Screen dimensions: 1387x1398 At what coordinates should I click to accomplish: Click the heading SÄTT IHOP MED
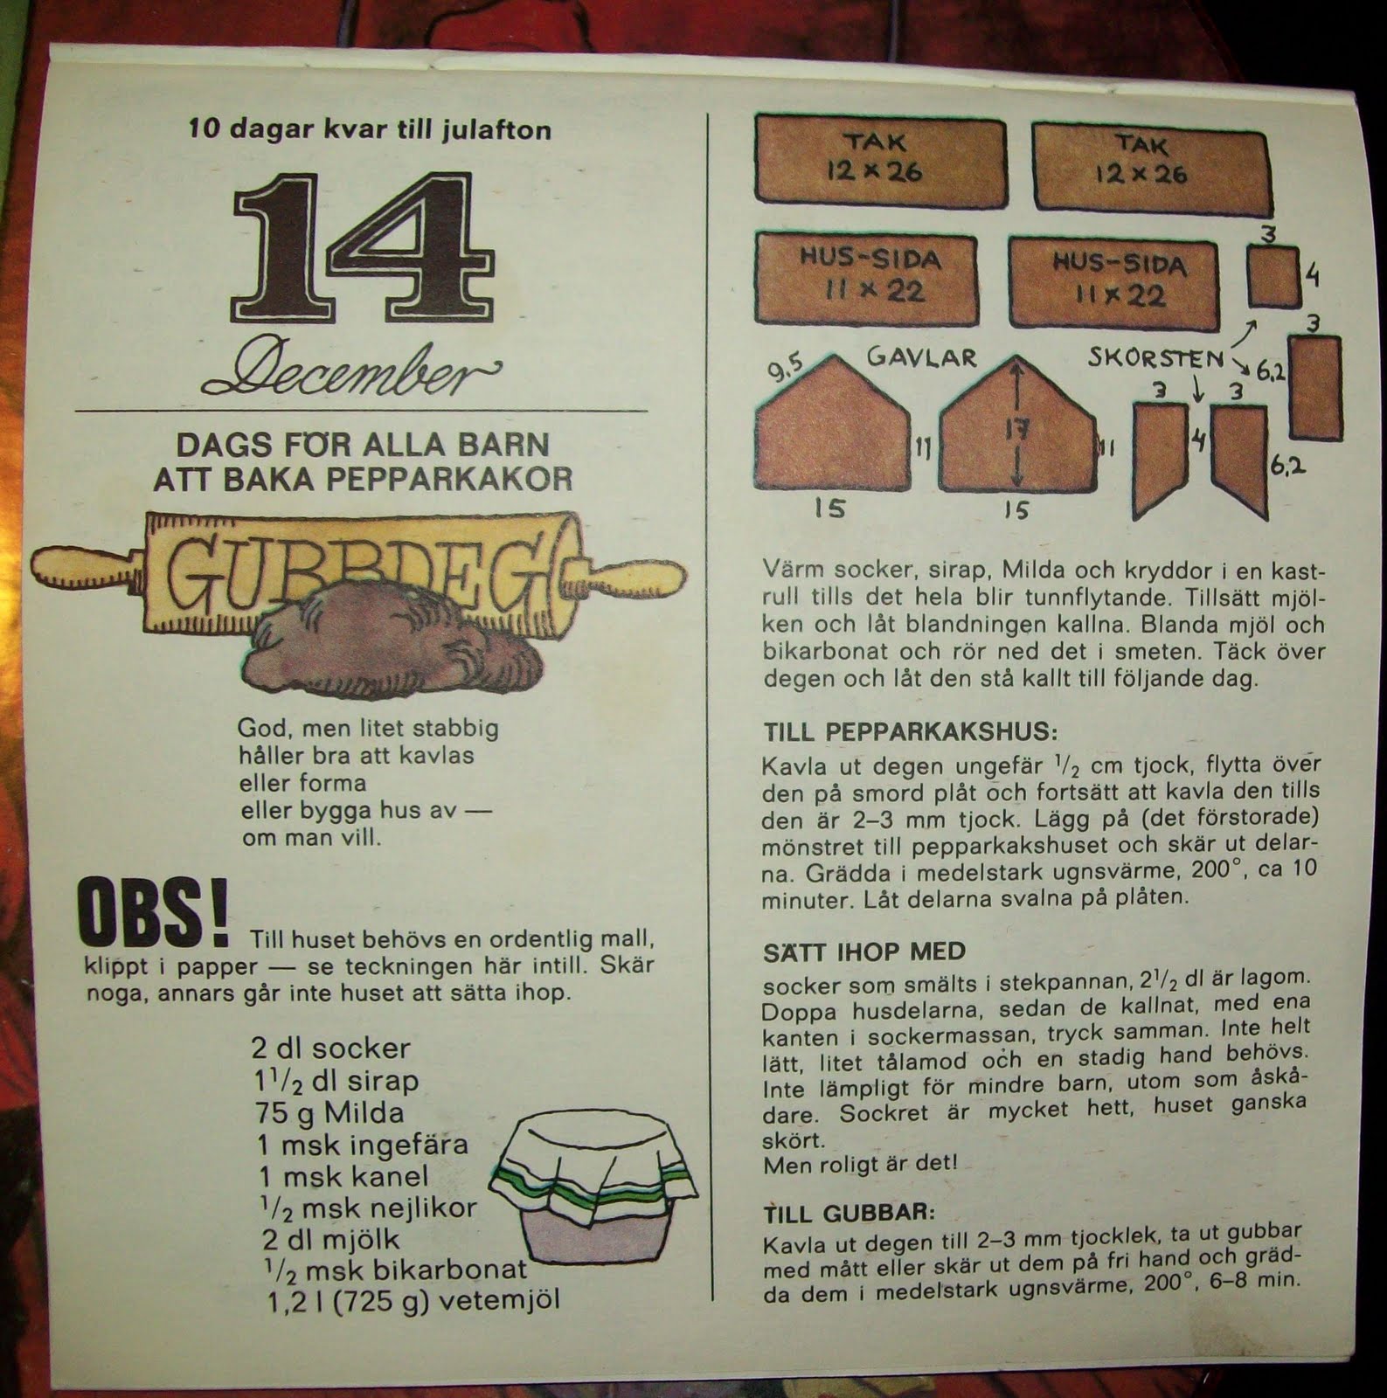[x=864, y=952]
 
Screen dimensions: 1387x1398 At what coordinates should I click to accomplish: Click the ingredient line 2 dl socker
[x=330, y=1048]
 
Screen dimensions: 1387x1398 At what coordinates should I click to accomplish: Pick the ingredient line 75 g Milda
[x=328, y=1112]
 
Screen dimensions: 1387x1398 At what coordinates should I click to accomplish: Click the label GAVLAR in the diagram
[x=922, y=357]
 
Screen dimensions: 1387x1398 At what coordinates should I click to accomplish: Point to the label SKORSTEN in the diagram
[x=1156, y=357]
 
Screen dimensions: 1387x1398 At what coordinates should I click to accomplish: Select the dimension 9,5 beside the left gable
[x=784, y=370]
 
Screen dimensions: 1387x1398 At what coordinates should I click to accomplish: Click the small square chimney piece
[x=1273, y=276]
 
